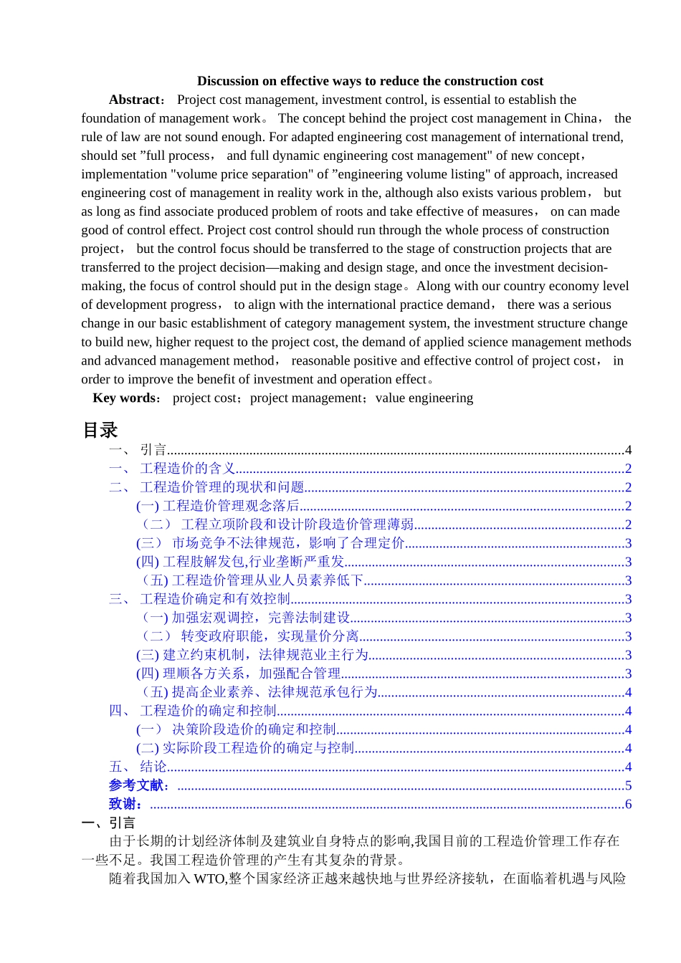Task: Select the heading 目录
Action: [x=100, y=430]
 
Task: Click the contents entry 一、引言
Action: [x=138, y=450]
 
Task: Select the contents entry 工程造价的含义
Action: [x=187, y=469]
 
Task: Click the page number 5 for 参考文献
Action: [x=628, y=785]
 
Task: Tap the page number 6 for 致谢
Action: [x=628, y=804]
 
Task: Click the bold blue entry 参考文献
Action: [x=139, y=785]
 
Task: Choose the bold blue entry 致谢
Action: [x=125, y=804]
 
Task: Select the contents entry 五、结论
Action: [x=138, y=767]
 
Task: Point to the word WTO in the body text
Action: [x=209, y=878]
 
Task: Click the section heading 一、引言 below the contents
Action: [x=108, y=823]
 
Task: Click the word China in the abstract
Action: [x=579, y=118]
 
